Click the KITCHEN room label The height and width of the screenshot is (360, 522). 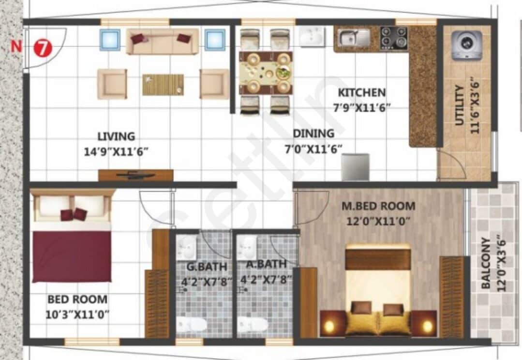[x=361, y=92]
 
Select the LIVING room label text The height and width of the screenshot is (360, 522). [x=116, y=136]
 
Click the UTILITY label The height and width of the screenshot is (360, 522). [x=460, y=105]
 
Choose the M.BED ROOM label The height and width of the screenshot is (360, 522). [x=378, y=206]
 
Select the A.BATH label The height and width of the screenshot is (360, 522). [x=266, y=264]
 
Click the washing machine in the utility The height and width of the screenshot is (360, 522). [x=467, y=45]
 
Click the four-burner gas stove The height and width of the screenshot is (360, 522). [x=394, y=37]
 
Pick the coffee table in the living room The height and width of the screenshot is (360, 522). [x=163, y=85]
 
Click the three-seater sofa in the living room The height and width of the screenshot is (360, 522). [x=163, y=41]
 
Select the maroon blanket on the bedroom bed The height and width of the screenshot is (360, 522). [x=72, y=256]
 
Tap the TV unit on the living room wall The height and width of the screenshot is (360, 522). [x=135, y=175]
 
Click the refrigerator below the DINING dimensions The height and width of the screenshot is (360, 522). [x=355, y=167]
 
